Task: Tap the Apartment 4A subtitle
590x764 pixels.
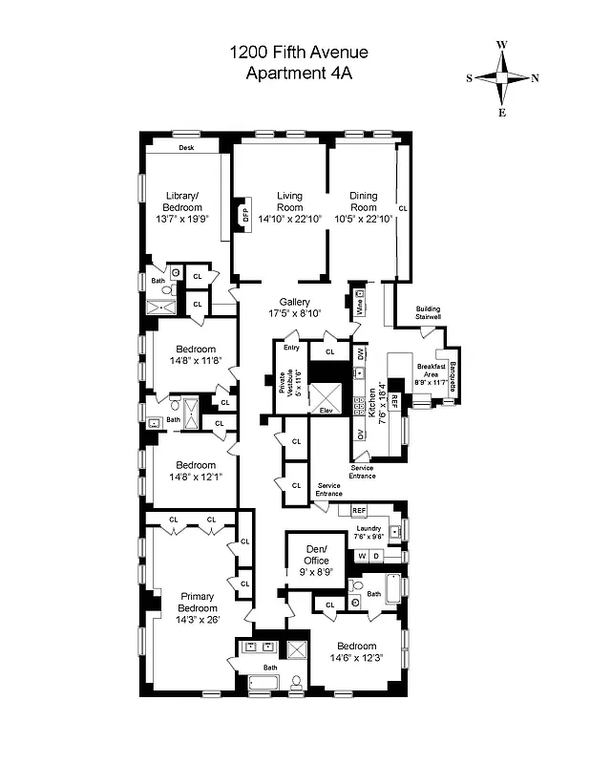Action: coord(298,74)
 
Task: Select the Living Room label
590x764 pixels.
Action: coord(289,201)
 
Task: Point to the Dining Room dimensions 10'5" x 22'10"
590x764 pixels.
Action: coord(363,219)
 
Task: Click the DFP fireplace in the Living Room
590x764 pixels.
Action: coord(243,213)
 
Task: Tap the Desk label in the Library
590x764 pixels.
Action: coord(186,148)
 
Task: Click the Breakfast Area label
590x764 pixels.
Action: coord(431,375)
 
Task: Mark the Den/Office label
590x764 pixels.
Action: coord(316,554)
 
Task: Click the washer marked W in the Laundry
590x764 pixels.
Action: coord(363,556)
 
